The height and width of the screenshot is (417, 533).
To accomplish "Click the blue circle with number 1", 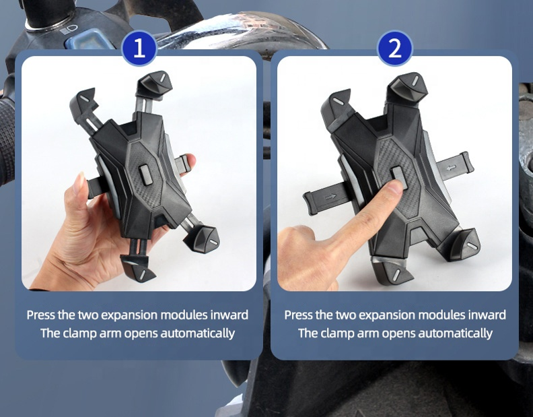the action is (x=139, y=48).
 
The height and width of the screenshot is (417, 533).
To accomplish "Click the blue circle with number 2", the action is (x=394, y=48).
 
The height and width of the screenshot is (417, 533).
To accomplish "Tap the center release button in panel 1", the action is (x=146, y=174).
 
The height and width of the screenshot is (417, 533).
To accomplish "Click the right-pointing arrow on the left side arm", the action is (x=330, y=197).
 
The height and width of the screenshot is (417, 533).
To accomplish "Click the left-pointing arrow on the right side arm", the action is (x=451, y=168).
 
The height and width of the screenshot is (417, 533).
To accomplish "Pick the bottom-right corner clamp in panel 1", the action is (x=203, y=239).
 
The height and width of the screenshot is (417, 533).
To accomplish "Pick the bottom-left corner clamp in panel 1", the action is (x=138, y=268).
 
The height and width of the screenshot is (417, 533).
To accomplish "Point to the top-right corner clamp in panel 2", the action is (x=408, y=87).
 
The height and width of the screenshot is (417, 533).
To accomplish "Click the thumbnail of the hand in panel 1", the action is (x=79, y=183).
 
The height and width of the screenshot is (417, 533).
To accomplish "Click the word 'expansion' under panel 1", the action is (x=129, y=315).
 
